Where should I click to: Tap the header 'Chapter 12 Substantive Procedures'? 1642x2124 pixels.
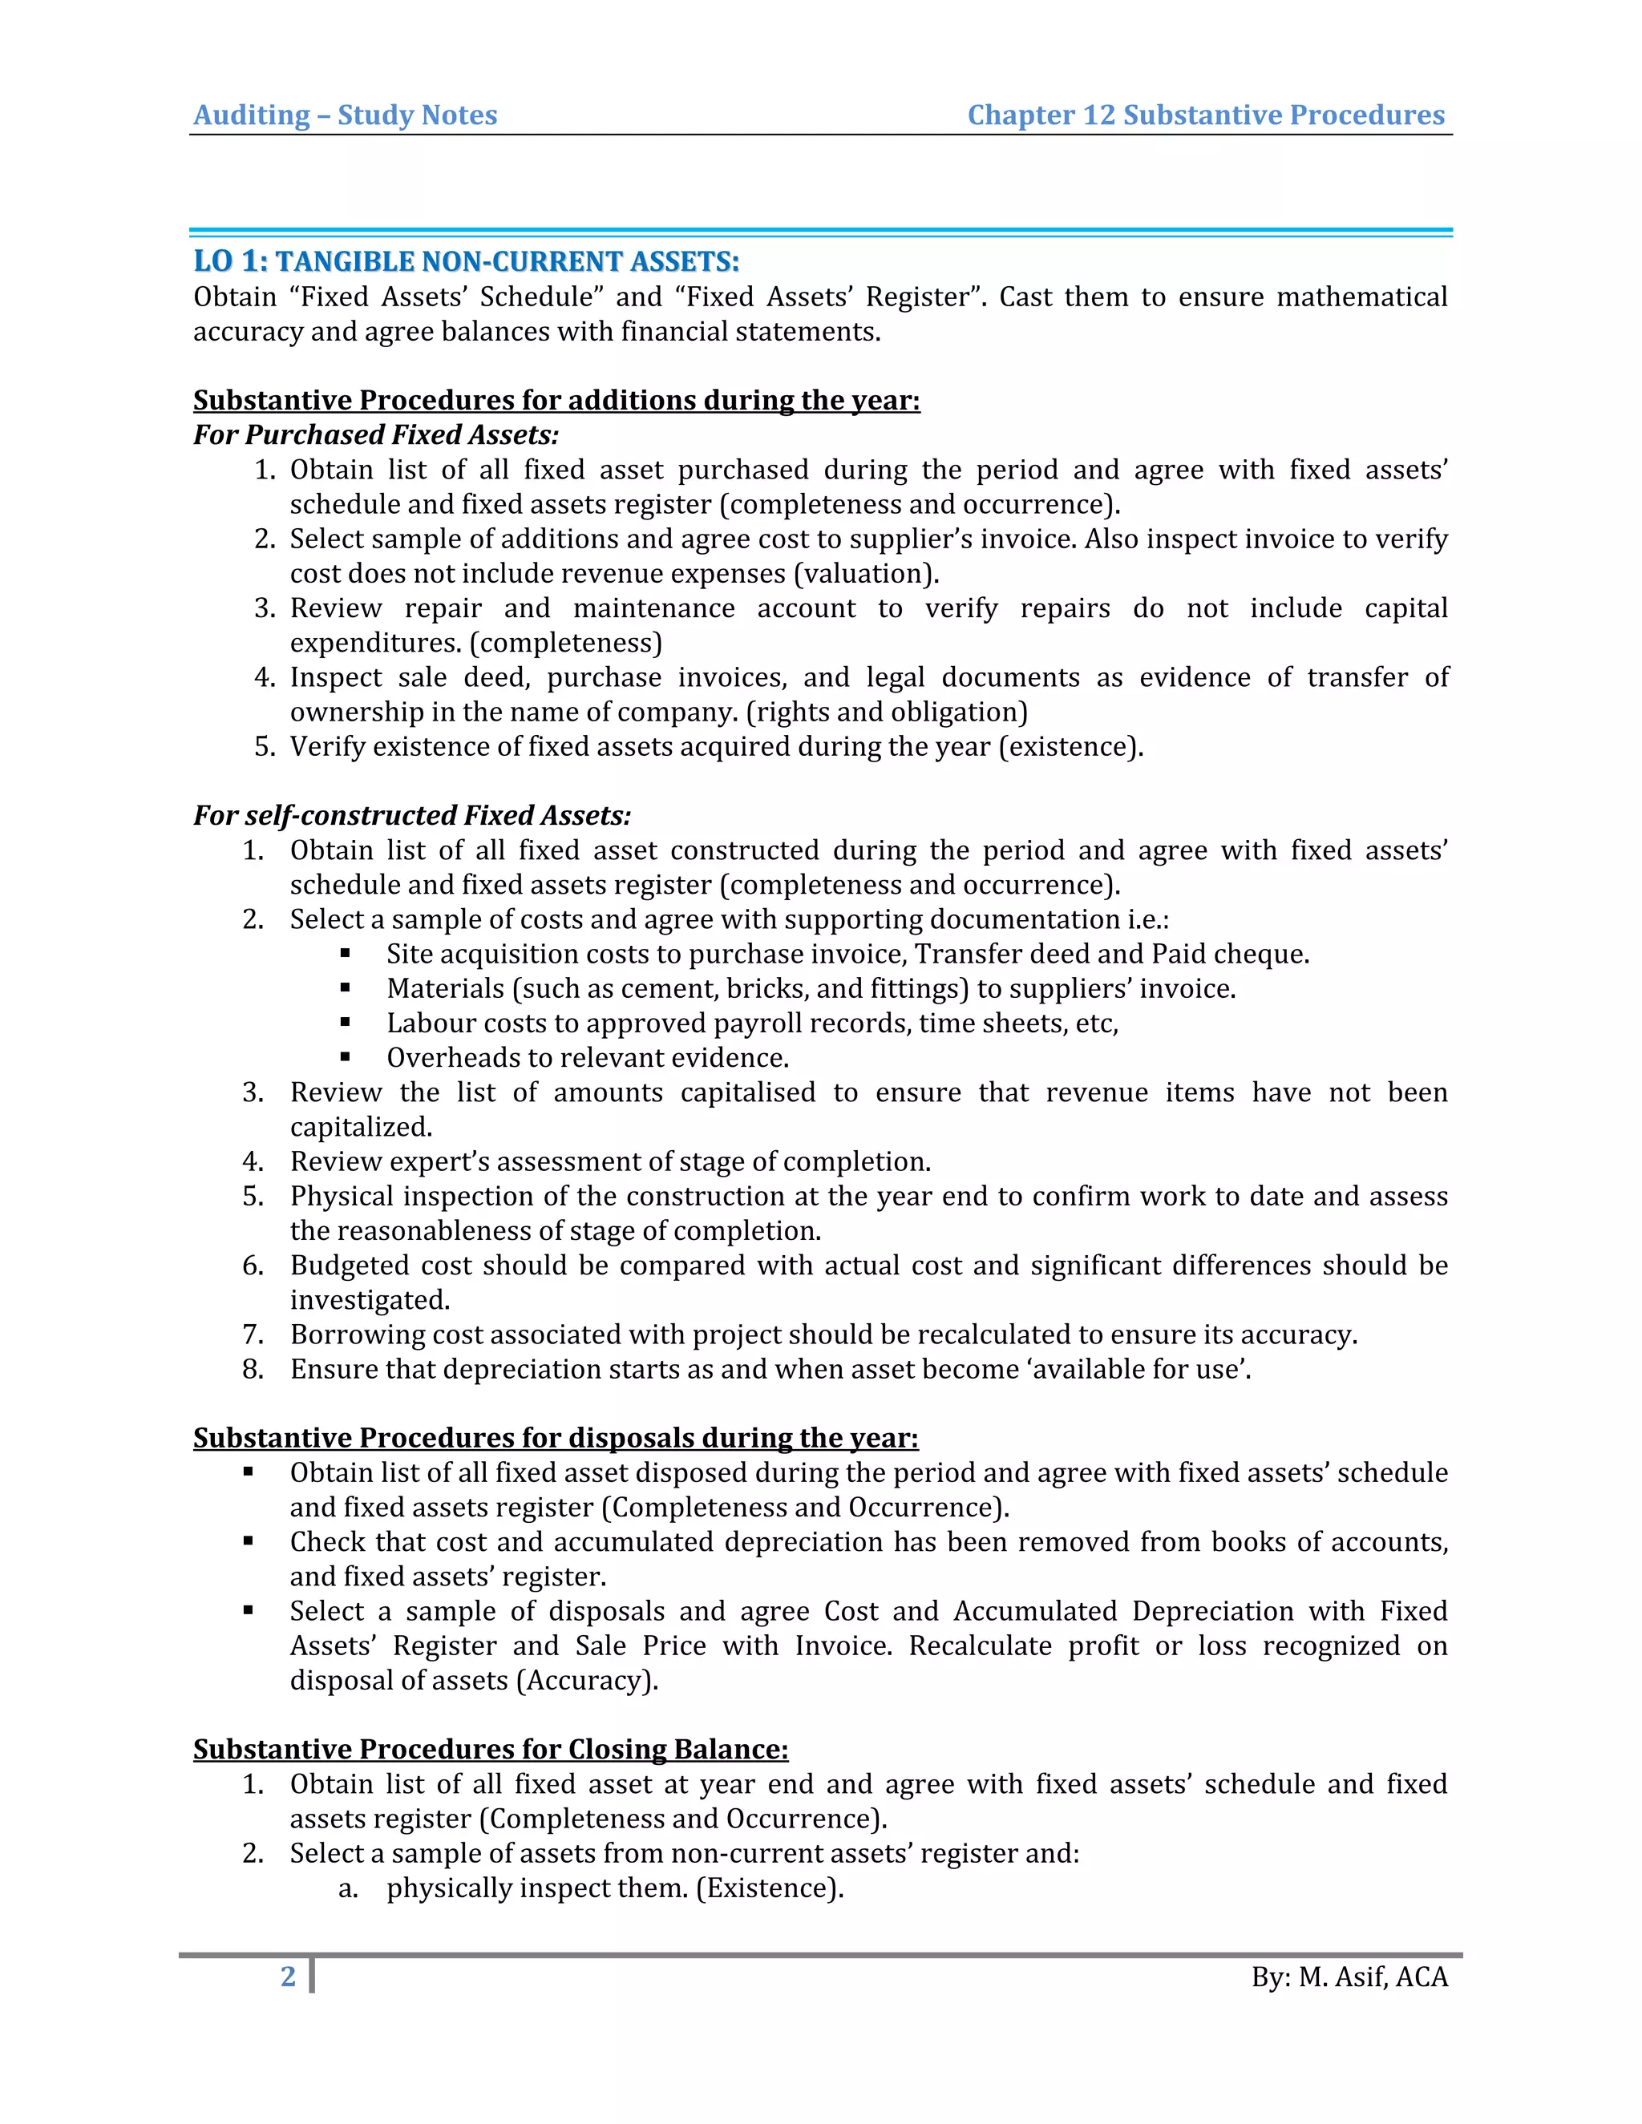tap(1205, 115)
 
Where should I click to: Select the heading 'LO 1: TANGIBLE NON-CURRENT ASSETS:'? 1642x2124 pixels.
tap(466, 261)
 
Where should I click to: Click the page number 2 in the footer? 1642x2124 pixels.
tap(288, 1977)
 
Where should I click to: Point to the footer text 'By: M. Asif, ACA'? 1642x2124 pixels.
tap(1349, 1977)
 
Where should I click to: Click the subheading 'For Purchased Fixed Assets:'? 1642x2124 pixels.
tap(375, 434)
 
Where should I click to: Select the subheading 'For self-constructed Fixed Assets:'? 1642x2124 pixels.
tap(411, 815)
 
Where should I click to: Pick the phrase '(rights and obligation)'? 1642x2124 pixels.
tap(886, 712)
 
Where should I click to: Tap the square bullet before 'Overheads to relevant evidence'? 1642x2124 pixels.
tap(346, 1056)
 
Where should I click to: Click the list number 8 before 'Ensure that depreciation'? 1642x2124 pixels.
tap(252, 1369)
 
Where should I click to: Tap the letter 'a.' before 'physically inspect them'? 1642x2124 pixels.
tap(347, 1888)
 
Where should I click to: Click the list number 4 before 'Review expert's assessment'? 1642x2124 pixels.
tap(252, 1161)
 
